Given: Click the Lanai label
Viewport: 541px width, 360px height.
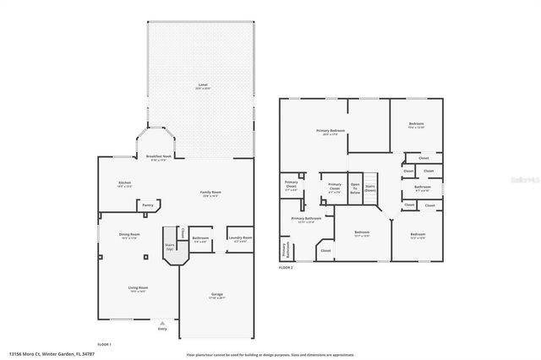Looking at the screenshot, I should [202, 86].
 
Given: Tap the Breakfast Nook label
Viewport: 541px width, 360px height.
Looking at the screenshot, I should [159, 157].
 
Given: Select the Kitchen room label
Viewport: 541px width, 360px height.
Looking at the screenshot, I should [125, 184].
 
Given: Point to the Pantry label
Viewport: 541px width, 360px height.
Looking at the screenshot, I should [148, 204].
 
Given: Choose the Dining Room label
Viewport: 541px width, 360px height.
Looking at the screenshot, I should [128, 236].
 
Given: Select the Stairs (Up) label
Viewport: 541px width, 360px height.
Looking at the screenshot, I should [169, 247].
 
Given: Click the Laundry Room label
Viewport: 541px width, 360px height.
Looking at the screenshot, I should [240, 239].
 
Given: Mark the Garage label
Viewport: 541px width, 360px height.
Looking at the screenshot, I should [217, 296].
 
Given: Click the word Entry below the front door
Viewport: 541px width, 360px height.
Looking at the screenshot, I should [162, 329].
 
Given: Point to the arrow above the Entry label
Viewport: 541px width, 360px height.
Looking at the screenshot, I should [162, 322].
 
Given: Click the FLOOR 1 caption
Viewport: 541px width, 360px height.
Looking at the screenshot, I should [105, 344].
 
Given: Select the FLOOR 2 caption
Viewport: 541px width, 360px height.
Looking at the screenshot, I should [287, 268].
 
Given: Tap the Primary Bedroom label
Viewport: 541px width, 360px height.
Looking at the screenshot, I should [331, 131].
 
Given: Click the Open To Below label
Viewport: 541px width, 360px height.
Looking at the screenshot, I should [355, 188].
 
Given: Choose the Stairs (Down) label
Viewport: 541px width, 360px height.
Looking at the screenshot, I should [370, 188].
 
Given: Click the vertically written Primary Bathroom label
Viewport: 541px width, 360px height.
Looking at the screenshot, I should [284, 250].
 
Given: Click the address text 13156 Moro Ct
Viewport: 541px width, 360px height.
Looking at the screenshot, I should [42, 354].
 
